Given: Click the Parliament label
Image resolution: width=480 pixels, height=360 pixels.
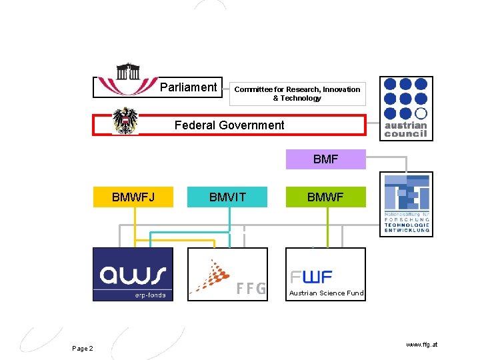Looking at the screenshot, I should point(189,87).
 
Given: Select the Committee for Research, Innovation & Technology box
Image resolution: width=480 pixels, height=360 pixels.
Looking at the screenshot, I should point(297,93).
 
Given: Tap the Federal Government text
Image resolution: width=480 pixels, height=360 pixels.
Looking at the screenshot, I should point(229,125).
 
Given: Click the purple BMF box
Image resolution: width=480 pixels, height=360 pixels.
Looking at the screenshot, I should point(326,159).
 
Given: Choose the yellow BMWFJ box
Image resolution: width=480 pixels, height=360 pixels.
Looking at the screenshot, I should point(133,197).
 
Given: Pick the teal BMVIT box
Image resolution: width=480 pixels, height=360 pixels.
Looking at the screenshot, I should point(227,197).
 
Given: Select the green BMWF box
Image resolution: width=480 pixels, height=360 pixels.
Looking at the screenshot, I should point(326,197).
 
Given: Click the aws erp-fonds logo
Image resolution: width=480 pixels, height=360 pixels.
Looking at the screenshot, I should point(133,274).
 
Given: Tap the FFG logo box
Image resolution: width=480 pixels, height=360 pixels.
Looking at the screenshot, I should point(227,274).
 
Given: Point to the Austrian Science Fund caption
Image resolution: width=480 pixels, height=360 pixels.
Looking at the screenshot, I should point(326,293).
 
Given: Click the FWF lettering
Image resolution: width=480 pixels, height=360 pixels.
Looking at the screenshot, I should point(311,277).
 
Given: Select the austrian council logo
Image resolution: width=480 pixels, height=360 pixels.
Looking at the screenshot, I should point(406,109).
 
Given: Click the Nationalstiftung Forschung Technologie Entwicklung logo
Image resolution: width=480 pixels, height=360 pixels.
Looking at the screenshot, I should point(406,203).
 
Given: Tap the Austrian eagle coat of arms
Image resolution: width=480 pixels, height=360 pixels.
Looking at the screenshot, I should point(125,121).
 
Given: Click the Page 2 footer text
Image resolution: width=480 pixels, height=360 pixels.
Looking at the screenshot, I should point(83,349).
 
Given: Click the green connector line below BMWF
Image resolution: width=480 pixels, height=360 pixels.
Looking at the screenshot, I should point(327,227).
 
